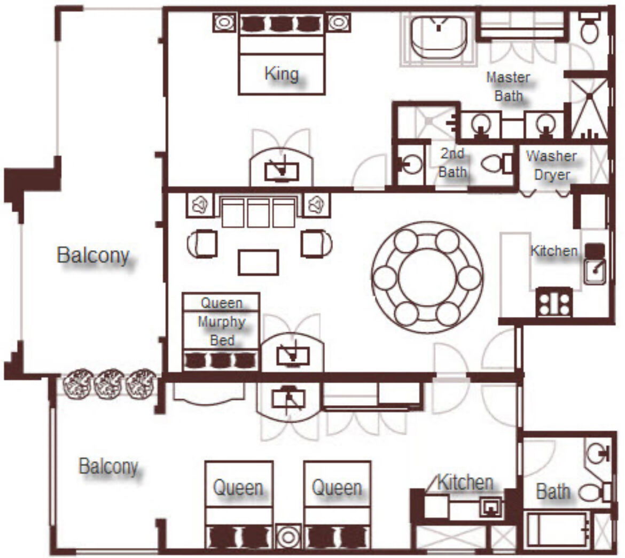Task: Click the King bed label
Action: point(282,74)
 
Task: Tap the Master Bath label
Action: point(508,86)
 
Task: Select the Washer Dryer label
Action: point(551,165)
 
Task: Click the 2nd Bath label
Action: point(453,162)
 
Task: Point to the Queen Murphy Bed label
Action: point(222,321)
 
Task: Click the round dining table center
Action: point(427,277)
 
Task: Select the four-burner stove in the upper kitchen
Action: point(554,302)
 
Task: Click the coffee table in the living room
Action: point(259,262)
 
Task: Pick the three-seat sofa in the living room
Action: point(259,212)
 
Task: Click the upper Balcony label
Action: point(93,255)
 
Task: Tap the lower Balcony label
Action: point(108,466)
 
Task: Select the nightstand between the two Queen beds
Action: point(288,537)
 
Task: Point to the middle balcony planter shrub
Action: point(110,383)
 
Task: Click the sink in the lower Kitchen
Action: point(491,507)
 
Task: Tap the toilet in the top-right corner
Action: point(590,28)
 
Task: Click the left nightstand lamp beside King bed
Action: point(224,23)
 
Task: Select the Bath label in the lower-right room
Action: point(553,491)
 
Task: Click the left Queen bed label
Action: point(238,488)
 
